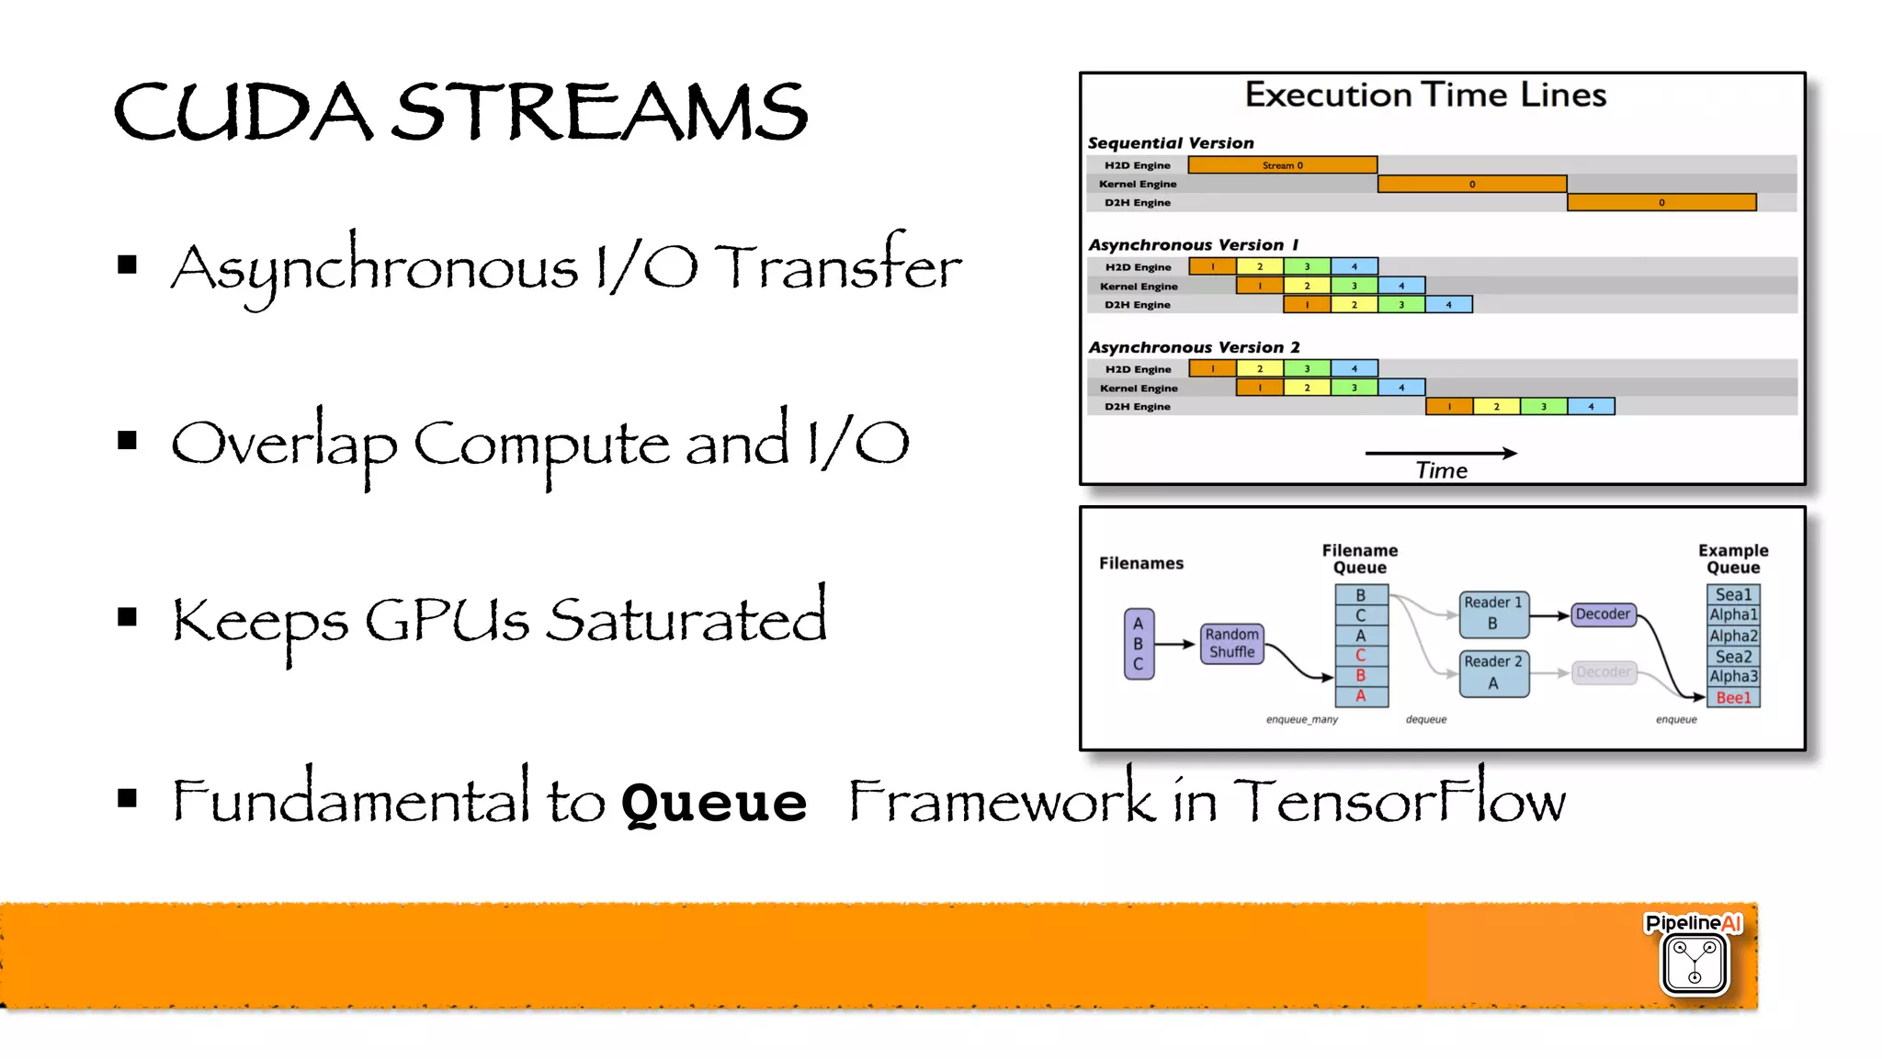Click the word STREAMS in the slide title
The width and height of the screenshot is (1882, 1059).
point(602,112)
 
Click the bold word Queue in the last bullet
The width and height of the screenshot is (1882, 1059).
point(714,801)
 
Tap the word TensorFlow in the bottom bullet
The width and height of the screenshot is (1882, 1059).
point(1399,801)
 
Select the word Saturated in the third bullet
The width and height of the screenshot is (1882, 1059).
point(686,620)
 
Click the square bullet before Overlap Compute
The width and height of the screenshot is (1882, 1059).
point(128,441)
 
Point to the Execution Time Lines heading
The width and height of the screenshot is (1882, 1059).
point(1425,95)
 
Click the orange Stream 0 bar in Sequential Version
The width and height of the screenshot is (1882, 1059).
point(1282,165)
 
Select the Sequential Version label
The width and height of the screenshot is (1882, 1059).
point(1171,143)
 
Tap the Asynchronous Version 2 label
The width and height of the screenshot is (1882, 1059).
point(1194,347)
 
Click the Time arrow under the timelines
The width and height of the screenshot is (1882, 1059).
point(1440,454)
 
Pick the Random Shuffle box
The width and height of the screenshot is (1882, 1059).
point(1232,643)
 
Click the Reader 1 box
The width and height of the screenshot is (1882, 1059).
point(1493,614)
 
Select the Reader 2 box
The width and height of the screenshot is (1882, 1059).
point(1493,673)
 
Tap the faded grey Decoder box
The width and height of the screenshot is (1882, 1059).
point(1603,672)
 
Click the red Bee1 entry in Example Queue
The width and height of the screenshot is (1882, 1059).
point(1733,698)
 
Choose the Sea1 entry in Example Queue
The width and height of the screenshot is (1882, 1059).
point(1733,594)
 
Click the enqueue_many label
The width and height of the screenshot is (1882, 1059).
point(1301,719)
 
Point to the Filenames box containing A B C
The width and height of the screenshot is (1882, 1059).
point(1139,644)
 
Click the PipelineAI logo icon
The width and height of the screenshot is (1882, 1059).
point(1695,962)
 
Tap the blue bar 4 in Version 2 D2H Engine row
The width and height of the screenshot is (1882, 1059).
point(1591,406)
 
